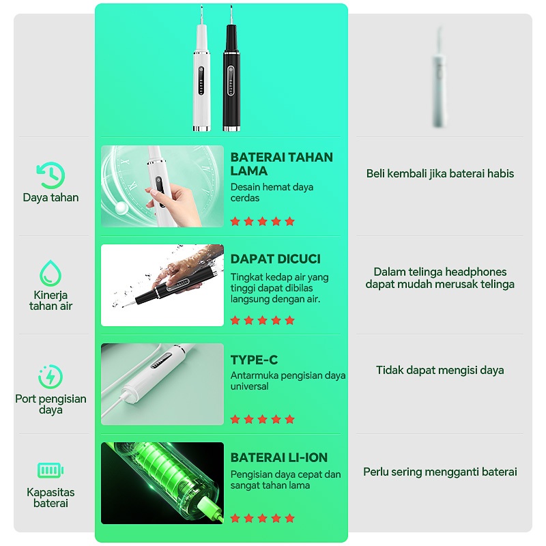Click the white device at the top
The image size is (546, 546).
coord(201,76)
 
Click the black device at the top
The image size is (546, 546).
coord(231,76)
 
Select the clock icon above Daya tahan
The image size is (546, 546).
coord(51,175)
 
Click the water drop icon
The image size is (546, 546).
coord(51,273)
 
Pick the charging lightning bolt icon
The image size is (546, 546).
coord(51,377)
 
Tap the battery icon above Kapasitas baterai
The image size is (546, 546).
coord(51,470)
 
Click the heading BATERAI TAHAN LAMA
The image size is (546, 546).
coord(281,164)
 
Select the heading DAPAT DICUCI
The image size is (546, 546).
coord(276,259)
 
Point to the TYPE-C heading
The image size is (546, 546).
coord(254,360)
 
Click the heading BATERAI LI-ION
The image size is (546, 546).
coord(279,457)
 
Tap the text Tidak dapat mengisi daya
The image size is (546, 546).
coord(440,370)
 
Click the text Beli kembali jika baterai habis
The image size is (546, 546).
coord(440,173)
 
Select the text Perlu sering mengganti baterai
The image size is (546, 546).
coord(440,472)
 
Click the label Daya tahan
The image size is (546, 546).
coord(51,197)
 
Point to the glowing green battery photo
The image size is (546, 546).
coord(162,483)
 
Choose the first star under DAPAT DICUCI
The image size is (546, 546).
coord(235,320)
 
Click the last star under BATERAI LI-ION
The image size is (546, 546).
coord(289,519)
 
